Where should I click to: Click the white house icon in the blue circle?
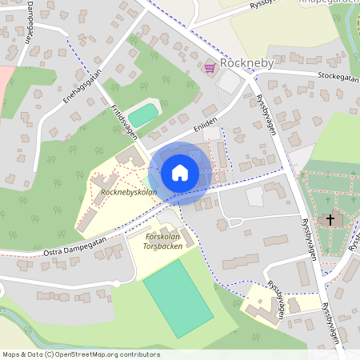[x=179, y=172]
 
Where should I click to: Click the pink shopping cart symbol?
[x=210, y=69]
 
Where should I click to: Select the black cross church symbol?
[x=329, y=219]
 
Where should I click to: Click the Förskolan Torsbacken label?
[x=158, y=241]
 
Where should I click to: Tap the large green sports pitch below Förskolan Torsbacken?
[x=171, y=296]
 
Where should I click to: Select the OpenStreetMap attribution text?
[x=81, y=354]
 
